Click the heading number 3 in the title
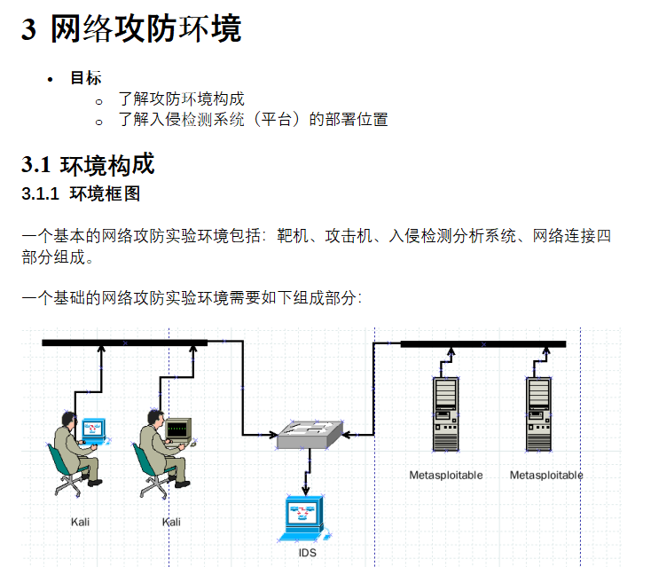point(29,30)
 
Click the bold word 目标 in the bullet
point(86,78)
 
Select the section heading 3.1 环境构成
point(88,164)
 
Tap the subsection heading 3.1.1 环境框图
point(81,193)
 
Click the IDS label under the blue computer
point(307,553)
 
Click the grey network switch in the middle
point(308,434)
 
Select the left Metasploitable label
point(445,476)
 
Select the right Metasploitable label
point(546,476)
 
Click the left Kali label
point(80,522)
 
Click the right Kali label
point(171,522)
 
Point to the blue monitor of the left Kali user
point(92,429)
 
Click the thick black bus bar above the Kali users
point(124,343)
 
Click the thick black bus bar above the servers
point(482,343)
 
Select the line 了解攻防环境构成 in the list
point(181,99)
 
